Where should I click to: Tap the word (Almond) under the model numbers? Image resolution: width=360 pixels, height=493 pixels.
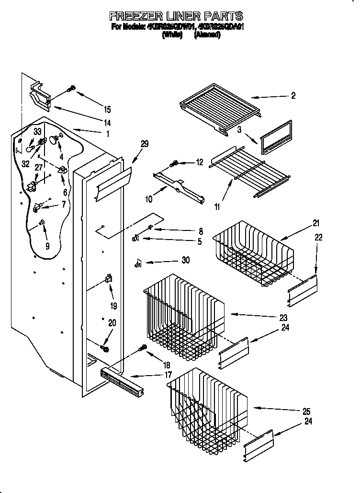[207, 35]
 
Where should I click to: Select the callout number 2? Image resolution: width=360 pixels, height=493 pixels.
[293, 96]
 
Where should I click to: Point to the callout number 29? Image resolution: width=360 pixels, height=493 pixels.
[145, 144]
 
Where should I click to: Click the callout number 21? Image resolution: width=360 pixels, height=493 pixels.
[315, 223]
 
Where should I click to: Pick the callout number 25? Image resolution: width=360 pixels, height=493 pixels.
[306, 412]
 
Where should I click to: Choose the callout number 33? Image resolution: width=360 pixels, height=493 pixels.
[37, 131]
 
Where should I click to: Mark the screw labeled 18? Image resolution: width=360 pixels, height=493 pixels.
[142, 348]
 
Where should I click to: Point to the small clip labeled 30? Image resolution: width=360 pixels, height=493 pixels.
[138, 262]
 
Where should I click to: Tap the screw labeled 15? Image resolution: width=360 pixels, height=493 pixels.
[71, 89]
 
